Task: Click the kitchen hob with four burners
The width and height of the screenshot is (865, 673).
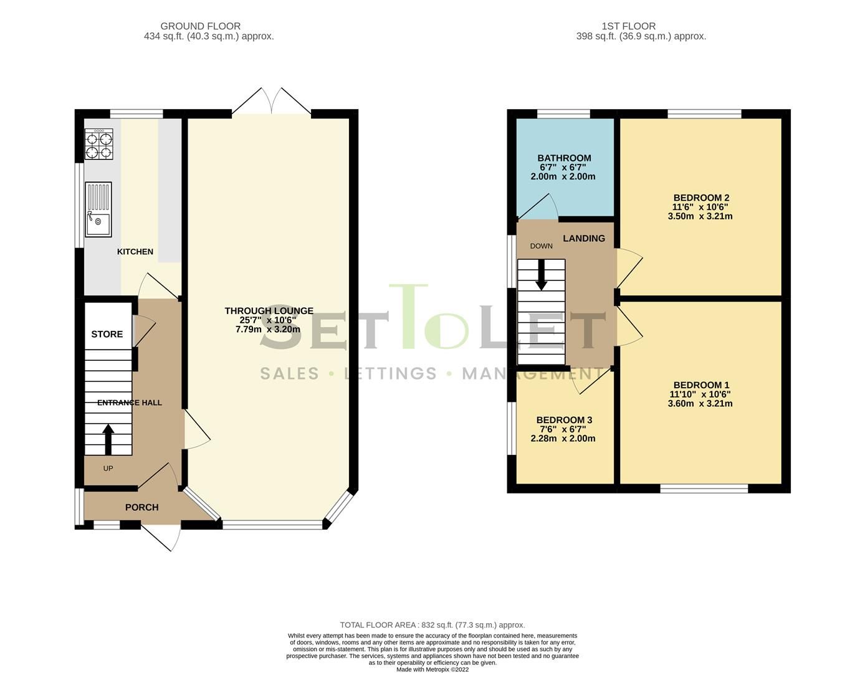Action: point(98,145)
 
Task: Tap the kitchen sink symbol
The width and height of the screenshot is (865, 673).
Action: point(98,209)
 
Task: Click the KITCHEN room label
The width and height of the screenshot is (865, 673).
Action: point(135,252)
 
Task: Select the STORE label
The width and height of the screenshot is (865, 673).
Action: point(107,334)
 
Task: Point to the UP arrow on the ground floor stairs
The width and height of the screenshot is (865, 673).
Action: point(108,439)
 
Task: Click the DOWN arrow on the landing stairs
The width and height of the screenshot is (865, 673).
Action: point(541,274)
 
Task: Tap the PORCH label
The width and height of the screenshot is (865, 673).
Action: point(142,507)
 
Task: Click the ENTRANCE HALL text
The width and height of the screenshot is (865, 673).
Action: point(130,403)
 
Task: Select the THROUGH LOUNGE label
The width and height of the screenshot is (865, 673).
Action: point(269,311)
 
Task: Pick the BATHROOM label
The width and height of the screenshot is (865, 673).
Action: point(564,158)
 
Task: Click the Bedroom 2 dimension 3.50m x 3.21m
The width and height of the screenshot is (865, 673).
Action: point(700,217)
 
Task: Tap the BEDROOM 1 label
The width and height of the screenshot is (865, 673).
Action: point(701,385)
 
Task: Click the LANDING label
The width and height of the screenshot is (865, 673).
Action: point(584,238)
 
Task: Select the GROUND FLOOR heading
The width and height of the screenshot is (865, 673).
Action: point(200,26)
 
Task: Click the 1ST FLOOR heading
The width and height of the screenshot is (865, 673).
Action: point(628,26)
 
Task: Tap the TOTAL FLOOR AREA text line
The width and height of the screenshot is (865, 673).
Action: point(432,624)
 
